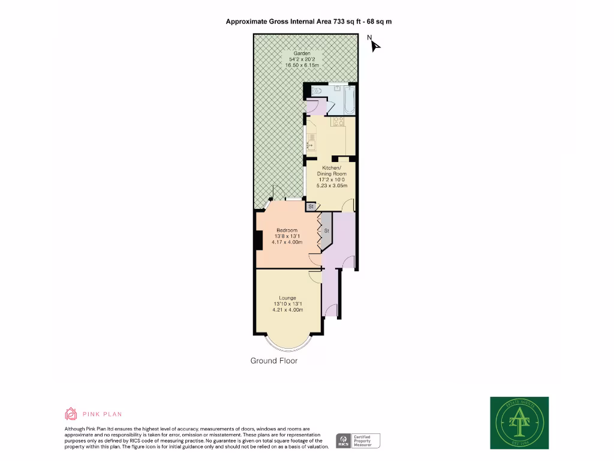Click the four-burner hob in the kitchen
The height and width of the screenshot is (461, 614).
338,123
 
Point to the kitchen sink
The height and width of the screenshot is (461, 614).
311,143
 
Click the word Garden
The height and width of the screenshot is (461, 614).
302,53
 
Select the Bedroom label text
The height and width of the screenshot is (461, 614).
287,230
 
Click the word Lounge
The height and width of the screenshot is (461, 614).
287,298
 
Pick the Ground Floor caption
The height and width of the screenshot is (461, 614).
273,361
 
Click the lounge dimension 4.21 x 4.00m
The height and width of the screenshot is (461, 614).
287,310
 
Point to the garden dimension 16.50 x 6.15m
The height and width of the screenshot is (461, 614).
302,65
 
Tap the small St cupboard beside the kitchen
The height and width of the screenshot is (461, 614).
311,206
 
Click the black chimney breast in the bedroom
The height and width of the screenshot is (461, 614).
259,240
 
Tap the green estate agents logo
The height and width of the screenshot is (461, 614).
519,423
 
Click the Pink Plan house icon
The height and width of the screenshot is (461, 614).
71,414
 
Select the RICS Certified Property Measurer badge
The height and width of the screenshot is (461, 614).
359,441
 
